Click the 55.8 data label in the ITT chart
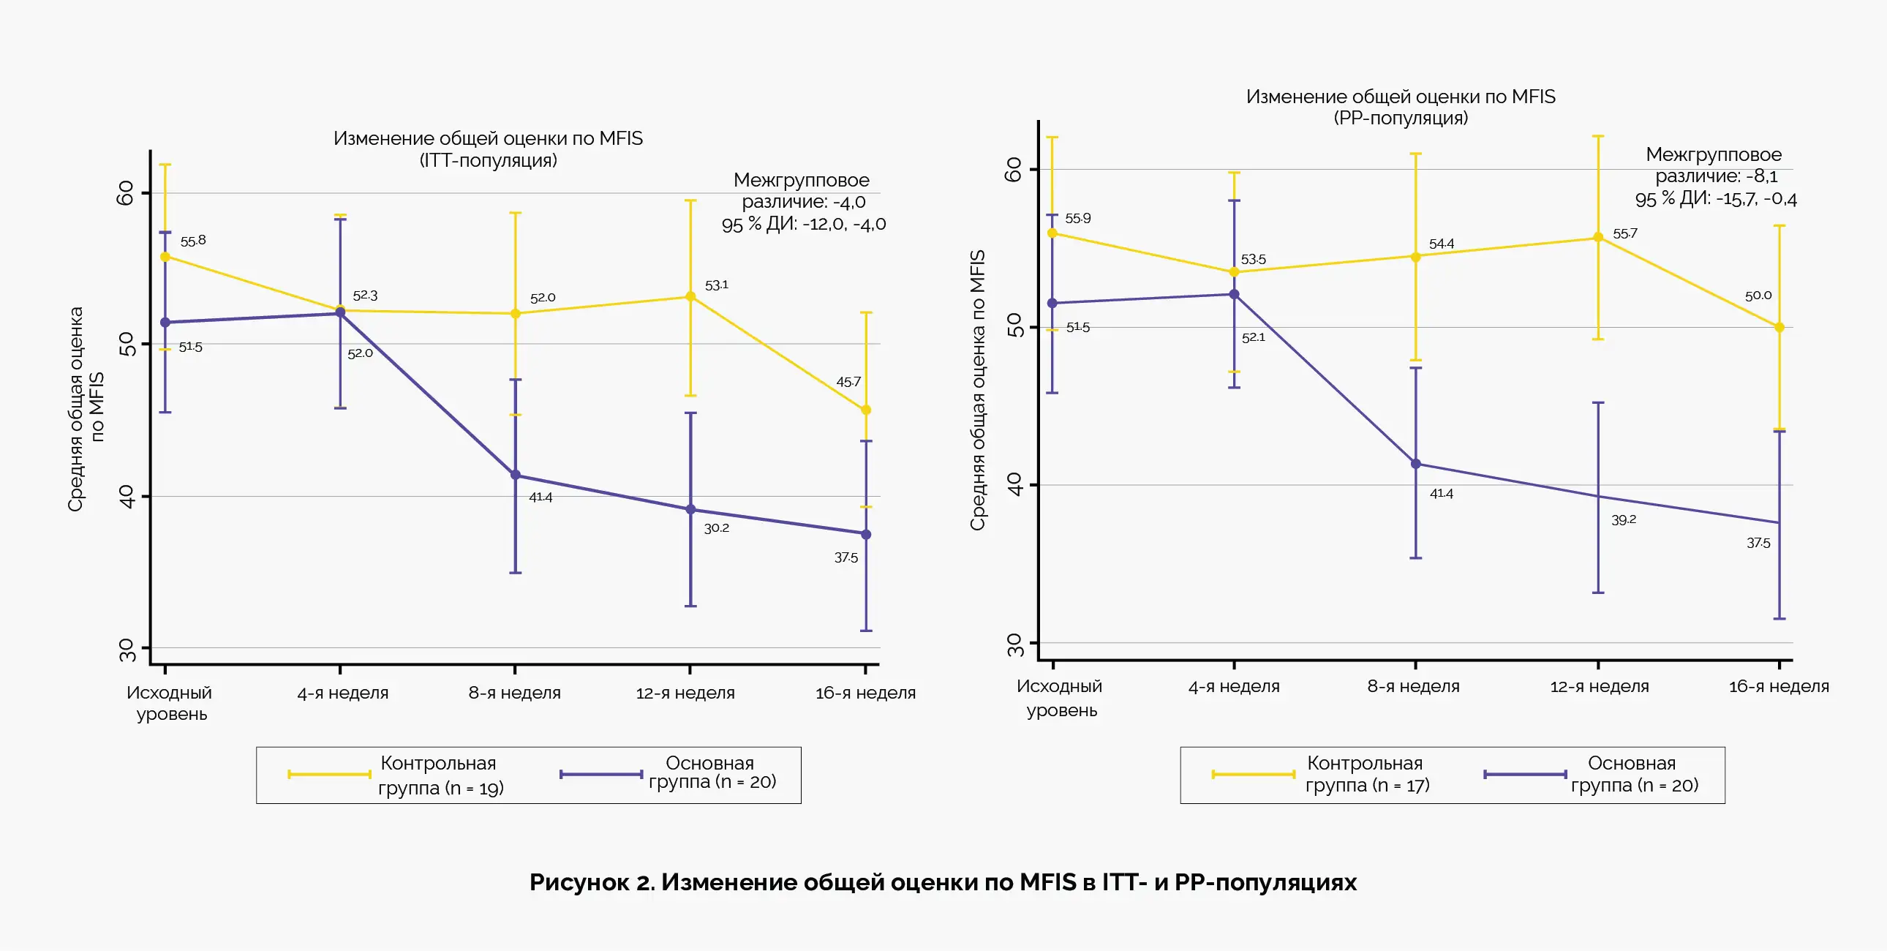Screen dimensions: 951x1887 tap(192, 241)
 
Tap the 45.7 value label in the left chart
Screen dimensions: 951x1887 tap(848, 382)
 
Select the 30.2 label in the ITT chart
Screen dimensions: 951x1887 tap(717, 527)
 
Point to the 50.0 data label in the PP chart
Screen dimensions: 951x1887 tap(1758, 296)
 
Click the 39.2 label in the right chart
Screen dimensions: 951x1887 tap(1623, 519)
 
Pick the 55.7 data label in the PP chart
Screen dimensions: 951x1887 tap(1624, 233)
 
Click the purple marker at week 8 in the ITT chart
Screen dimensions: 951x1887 tap(515, 475)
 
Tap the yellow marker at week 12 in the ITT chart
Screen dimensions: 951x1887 tap(690, 297)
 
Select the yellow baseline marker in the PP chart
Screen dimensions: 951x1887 tap(1052, 233)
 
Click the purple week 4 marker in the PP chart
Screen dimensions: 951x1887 tap(1235, 295)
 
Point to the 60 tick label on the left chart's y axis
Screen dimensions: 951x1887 tap(126, 192)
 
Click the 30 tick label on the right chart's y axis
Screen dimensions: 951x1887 tap(1014, 644)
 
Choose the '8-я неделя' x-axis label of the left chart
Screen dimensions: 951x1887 tap(514, 692)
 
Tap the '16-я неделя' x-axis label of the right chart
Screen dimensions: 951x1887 tap(1779, 686)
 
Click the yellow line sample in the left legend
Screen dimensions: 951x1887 tap(329, 775)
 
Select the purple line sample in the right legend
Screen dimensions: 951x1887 tap(1525, 775)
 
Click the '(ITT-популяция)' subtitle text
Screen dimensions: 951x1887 tap(488, 160)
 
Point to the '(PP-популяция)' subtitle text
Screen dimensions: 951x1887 tap(1401, 118)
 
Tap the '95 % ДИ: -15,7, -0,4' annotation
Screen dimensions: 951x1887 tap(1716, 198)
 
